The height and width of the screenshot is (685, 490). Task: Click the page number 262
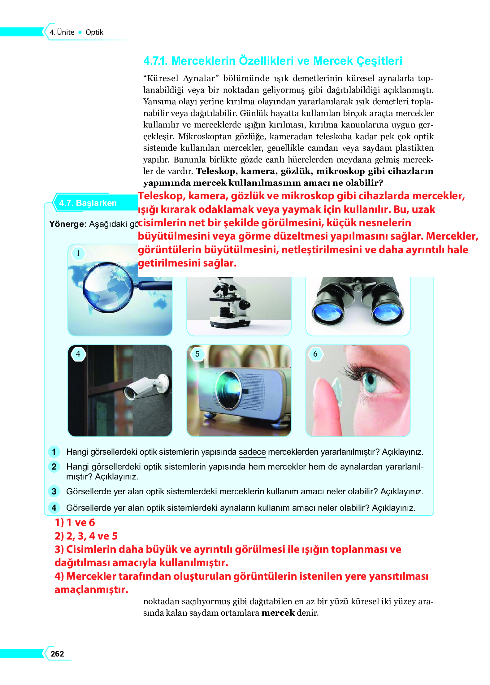click(57, 654)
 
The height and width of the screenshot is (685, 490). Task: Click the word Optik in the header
click(94, 32)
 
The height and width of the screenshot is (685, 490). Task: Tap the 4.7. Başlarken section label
click(88, 203)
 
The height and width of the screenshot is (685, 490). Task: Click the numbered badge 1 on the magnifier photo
click(78, 253)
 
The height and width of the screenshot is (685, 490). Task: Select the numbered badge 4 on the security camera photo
click(78, 354)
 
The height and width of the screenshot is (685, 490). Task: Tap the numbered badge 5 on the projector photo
click(197, 354)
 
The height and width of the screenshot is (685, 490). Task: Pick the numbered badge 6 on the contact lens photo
click(315, 354)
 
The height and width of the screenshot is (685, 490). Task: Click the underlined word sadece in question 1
click(252, 452)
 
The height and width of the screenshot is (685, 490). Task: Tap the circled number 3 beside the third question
click(54, 491)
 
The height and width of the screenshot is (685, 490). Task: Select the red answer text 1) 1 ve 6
click(75, 522)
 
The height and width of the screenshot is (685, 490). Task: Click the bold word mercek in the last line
click(278, 613)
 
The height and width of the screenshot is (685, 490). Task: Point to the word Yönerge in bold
click(67, 224)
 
